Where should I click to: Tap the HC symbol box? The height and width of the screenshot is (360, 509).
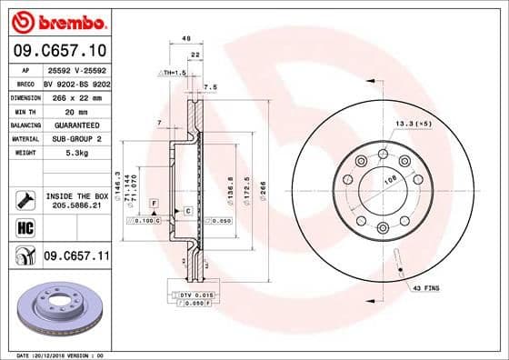pyautogui.click(x=25, y=227)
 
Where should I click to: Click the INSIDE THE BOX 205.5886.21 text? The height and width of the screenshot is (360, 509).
pyautogui.click(x=76, y=200)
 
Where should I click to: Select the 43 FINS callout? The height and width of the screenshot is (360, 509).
pyautogui.click(x=425, y=288)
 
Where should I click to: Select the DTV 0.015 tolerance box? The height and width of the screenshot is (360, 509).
pyautogui.click(x=189, y=296)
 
